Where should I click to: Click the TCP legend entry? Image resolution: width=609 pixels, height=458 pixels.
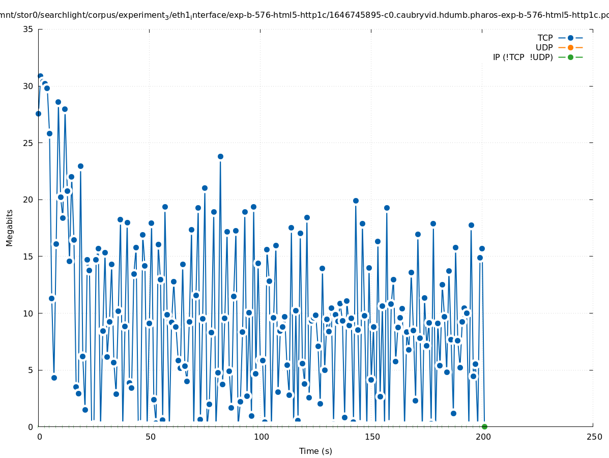tap(545, 38)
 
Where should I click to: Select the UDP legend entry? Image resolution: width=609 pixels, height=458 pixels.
tap(544, 47)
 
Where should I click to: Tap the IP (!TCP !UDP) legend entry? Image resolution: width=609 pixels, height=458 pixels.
tap(523, 57)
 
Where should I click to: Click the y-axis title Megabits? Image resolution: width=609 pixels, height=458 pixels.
tap(10, 227)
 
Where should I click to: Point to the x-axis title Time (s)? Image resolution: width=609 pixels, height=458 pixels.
tap(315, 451)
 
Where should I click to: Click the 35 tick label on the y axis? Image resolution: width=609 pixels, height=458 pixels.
tap(28, 29)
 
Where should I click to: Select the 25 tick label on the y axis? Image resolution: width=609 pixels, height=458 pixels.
tap(28, 143)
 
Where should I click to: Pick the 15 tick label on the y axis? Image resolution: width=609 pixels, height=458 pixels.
tap(28, 256)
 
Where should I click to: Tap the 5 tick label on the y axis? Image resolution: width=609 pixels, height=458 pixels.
tap(31, 370)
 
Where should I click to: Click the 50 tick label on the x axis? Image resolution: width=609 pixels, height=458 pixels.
tap(150, 437)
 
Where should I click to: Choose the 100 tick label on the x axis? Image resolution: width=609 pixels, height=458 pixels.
tap(261, 437)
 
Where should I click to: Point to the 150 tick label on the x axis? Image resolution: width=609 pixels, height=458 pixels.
tap(372, 437)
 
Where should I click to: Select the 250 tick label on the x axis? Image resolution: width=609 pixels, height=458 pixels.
tap(594, 437)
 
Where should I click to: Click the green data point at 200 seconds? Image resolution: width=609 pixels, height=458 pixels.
tap(484, 426)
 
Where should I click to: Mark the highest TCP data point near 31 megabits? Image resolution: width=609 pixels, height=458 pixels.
tap(40, 76)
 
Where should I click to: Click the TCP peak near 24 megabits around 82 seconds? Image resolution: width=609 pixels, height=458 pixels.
tap(220, 156)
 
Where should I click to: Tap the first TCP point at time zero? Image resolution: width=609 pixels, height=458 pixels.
tap(38, 113)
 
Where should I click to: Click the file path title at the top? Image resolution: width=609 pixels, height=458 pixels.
tap(304, 16)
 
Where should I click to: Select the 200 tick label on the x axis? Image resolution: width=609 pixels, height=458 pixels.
tap(483, 437)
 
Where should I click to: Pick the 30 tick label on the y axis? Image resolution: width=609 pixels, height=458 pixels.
tap(28, 86)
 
